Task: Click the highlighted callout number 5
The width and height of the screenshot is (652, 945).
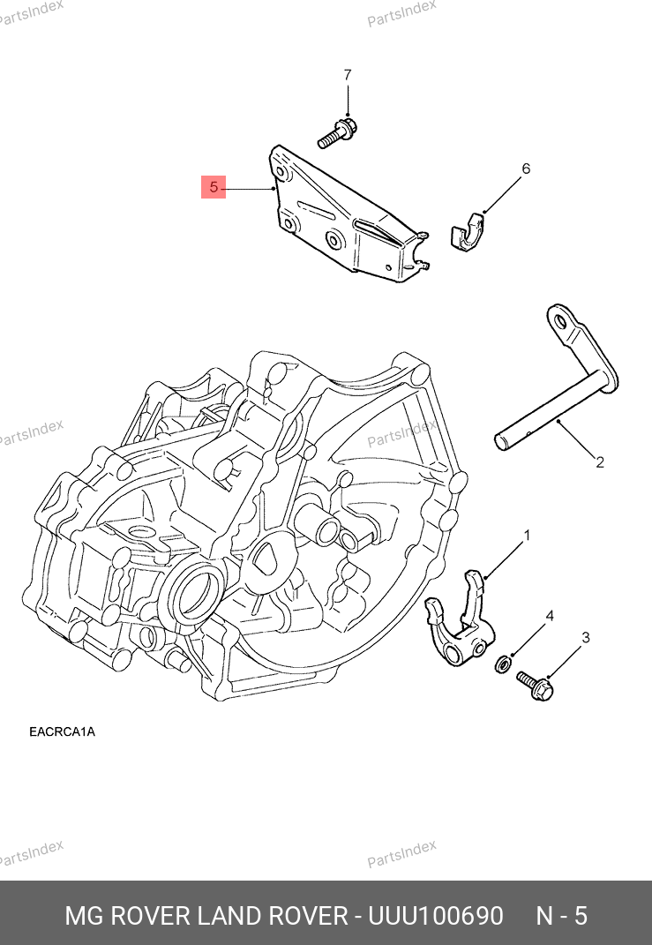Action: pos(214,187)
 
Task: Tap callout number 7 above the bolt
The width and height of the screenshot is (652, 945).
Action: pos(347,74)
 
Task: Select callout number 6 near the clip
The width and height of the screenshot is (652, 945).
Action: pos(526,169)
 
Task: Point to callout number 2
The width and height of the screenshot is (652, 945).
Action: pos(599,461)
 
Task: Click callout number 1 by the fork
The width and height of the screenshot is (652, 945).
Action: pos(527,536)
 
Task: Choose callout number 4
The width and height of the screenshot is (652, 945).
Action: pos(549,616)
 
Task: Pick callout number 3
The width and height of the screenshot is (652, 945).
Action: pos(584,637)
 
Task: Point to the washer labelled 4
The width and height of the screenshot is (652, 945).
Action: pos(502,664)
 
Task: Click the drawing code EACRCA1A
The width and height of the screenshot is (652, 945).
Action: pos(62,731)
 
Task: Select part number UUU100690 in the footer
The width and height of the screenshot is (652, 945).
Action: pos(435,915)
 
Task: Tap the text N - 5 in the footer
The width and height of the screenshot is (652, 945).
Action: pos(561,915)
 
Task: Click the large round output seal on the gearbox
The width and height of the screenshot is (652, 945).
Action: pos(196,594)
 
